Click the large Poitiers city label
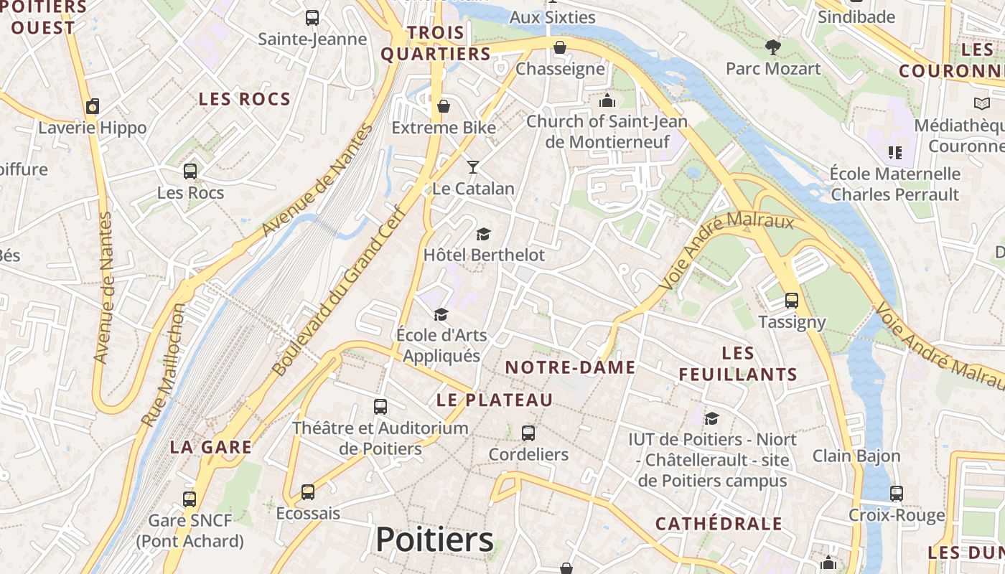(434, 540)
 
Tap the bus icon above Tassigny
(792, 301)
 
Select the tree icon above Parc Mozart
(773, 47)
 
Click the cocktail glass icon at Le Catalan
(472, 167)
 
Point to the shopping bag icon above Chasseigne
(559, 48)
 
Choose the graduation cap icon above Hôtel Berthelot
(484, 234)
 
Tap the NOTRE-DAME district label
(570, 368)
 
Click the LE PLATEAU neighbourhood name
(495, 400)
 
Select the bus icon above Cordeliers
(528, 433)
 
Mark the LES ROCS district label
(244, 99)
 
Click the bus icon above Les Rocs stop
(190, 171)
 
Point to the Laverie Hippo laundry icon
(93, 107)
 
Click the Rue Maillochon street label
(164, 364)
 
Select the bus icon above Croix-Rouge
(897, 494)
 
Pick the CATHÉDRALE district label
(719, 524)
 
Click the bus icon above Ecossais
(308, 492)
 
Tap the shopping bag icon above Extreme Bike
(444, 107)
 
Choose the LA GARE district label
(210, 447)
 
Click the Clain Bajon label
(856, 456)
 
